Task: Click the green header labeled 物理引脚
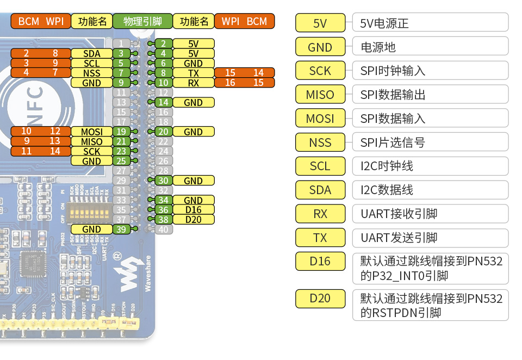tap(142, 21)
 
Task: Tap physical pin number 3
tap(122, 53)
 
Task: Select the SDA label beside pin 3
tap(91, 53)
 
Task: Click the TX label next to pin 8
tap(193, 73)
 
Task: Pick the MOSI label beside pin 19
tap(91, 132)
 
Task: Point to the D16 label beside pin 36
tap(193, 210)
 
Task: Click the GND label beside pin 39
tap(91, 229)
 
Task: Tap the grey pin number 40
tap(163, 229)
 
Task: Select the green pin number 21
tap(122, 141)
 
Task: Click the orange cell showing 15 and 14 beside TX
tap(244, 73)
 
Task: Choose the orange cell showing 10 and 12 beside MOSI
tap(41, 132)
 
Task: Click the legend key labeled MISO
tap(320, 95)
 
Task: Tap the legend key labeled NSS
tap(320, 142)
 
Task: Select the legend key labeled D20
tap(320, 299)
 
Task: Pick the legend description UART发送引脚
tap(399, 238)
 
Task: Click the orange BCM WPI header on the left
tap(41, 21)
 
